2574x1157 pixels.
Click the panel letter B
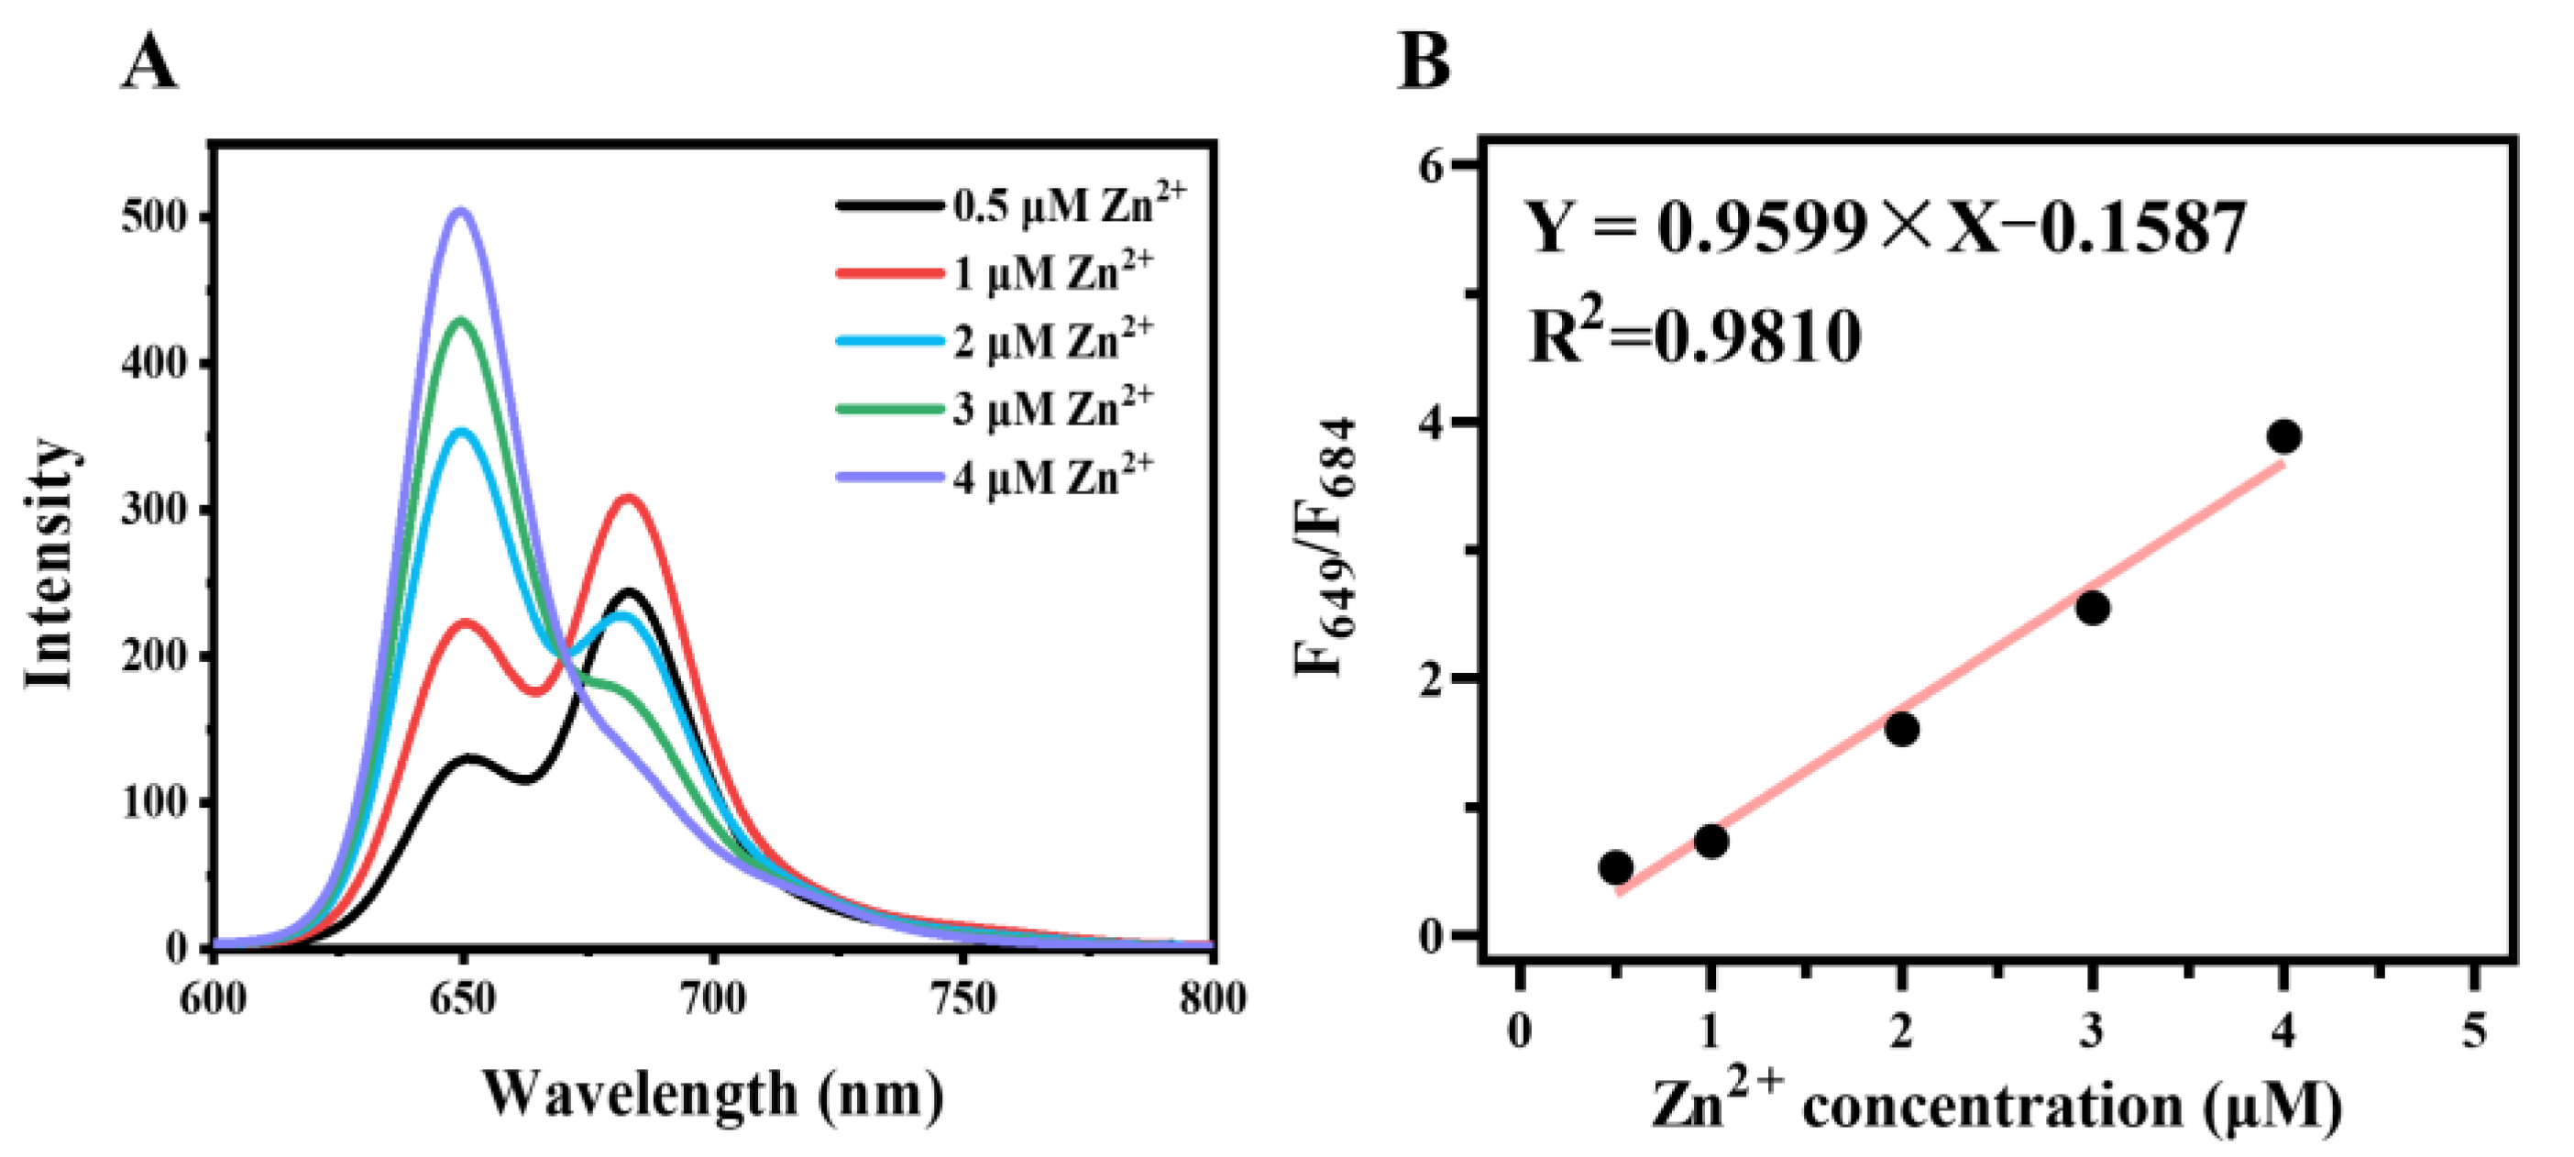coord(1423,62)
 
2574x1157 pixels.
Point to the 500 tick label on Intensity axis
coord(155,218)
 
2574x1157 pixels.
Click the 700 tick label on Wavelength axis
coord(712,998)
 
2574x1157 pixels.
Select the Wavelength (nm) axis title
coord(712,1094)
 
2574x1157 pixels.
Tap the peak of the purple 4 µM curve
coord(461,211)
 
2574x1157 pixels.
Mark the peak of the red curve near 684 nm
coord(628,497)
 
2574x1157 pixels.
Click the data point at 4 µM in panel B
coord(2284,436)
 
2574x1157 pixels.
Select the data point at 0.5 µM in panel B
coord(1616,867)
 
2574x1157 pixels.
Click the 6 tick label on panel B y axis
coord(1432,166)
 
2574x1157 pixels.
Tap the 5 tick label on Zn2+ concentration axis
coord(2474,1030)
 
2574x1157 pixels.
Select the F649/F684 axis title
coord(1326,547)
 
